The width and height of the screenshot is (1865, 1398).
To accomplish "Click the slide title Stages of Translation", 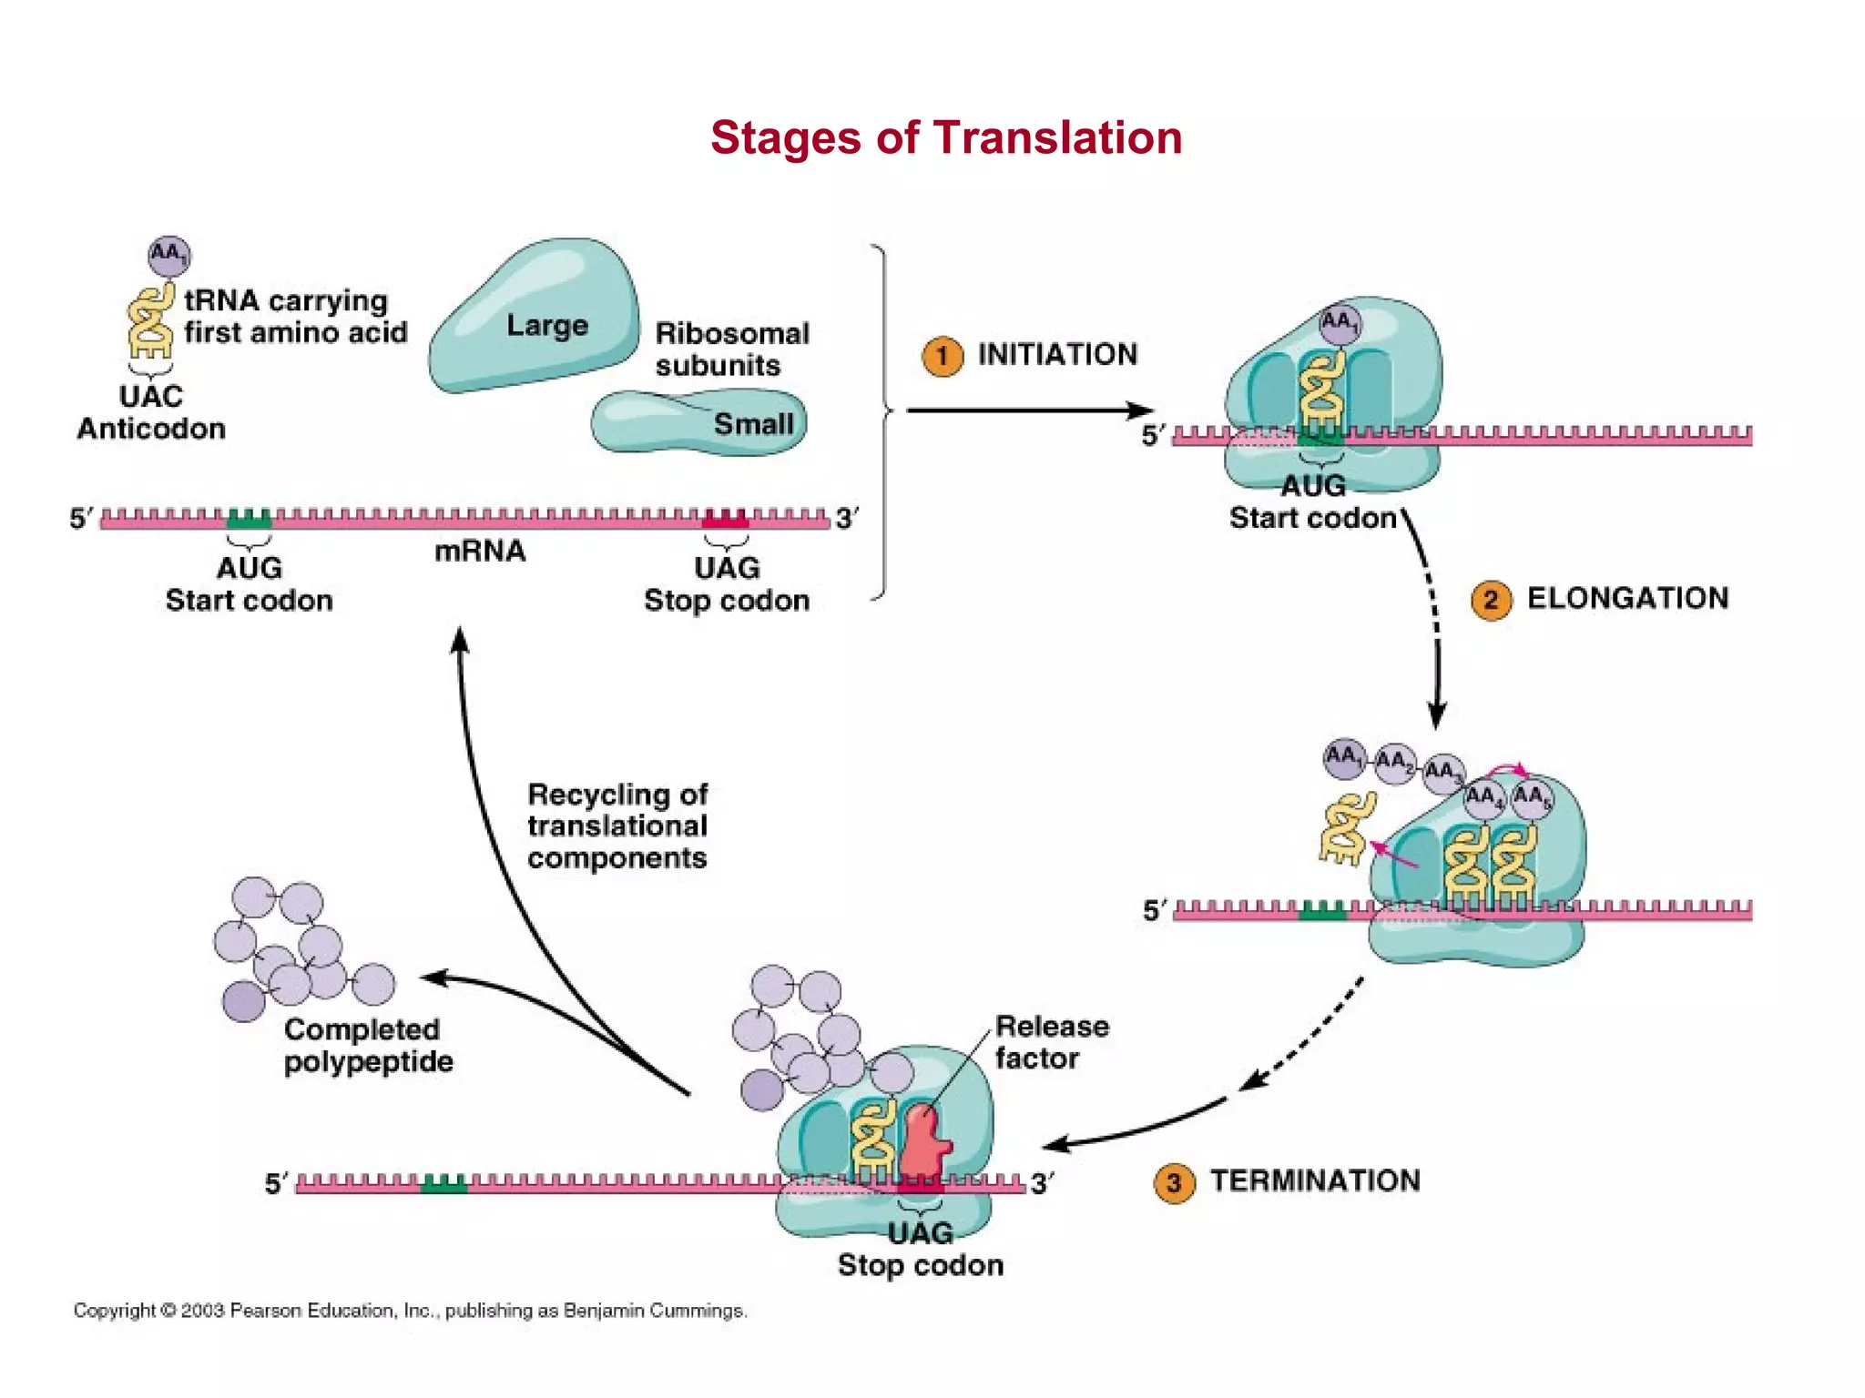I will (946, 138).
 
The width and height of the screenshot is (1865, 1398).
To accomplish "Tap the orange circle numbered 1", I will (943, 356).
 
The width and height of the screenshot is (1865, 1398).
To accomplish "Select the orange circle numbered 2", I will (1491, 601).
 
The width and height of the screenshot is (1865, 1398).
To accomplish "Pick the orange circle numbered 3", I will (1174, 1183).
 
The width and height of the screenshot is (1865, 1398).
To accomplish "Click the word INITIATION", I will (1057, 354).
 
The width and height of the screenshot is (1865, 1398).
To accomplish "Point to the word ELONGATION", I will (1627, 598).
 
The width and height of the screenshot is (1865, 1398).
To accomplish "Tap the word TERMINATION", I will (1315, 1180).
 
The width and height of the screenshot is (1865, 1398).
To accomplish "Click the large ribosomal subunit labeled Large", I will (537, 319).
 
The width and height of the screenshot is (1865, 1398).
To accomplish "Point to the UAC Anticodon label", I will (151, 412).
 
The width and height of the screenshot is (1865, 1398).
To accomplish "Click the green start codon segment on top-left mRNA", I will (249, 520).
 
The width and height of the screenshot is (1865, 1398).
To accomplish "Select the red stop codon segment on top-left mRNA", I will (725, 520).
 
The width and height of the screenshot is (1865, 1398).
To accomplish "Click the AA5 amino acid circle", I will (1532, 799).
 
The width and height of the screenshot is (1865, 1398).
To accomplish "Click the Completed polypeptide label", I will (367, 1045).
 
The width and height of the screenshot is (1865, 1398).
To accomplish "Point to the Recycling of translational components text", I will (617, 826).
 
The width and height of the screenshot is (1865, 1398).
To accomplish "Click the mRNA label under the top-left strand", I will (480, 552).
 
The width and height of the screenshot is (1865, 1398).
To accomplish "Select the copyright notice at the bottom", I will (410, 1311).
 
